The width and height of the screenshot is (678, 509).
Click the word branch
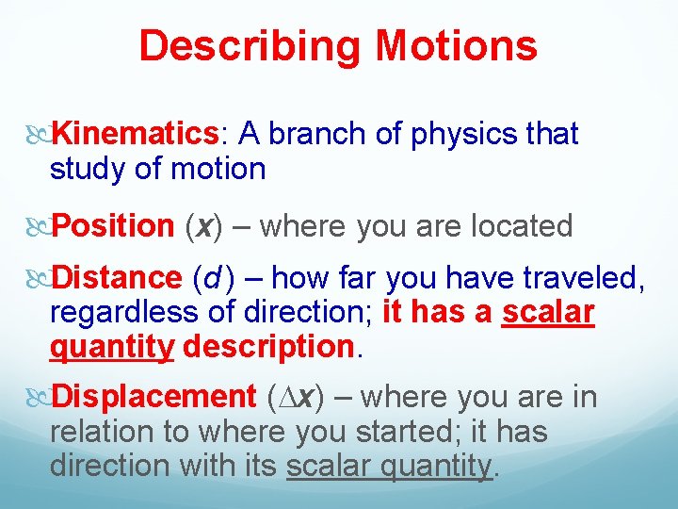pos(315,135)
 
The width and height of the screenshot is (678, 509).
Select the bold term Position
pos(112,226)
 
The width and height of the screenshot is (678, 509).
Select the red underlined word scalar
pos(548,312)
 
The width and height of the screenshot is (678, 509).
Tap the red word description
pos(268,347)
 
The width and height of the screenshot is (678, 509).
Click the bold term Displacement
pos(152,398)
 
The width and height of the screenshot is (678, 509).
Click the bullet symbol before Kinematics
pos(39,135)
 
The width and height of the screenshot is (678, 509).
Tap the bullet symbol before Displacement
pos(39,398)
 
